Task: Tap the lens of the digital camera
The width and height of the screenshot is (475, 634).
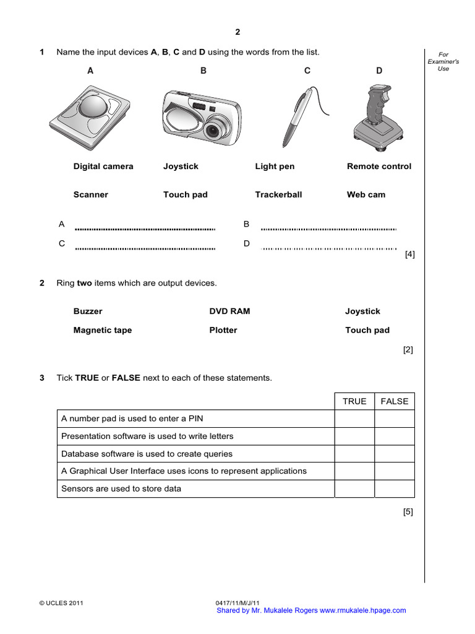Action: coord(215,131)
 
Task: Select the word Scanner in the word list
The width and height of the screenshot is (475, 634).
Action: coord(90,194)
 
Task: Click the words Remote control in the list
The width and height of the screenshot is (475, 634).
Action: coord(379,167)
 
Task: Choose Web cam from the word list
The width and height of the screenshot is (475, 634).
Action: coord(366,194)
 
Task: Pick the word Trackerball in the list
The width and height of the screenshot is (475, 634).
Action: coord(278,194)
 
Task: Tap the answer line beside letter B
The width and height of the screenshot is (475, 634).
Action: coord(328,228)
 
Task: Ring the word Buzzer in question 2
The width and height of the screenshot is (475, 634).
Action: coord(88,311)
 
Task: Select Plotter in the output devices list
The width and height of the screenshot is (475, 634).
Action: coord(223,330)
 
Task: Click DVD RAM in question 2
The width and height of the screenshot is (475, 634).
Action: coord(229,311)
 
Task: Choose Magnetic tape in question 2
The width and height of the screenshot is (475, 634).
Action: coord(103,330)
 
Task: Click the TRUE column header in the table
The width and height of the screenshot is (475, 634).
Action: coord(354,401)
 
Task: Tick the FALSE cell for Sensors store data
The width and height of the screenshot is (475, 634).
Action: coord(395,489)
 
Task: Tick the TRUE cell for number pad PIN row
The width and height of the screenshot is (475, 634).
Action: coord(354,419)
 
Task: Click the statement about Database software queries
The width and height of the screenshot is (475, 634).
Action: coord(147,454)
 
